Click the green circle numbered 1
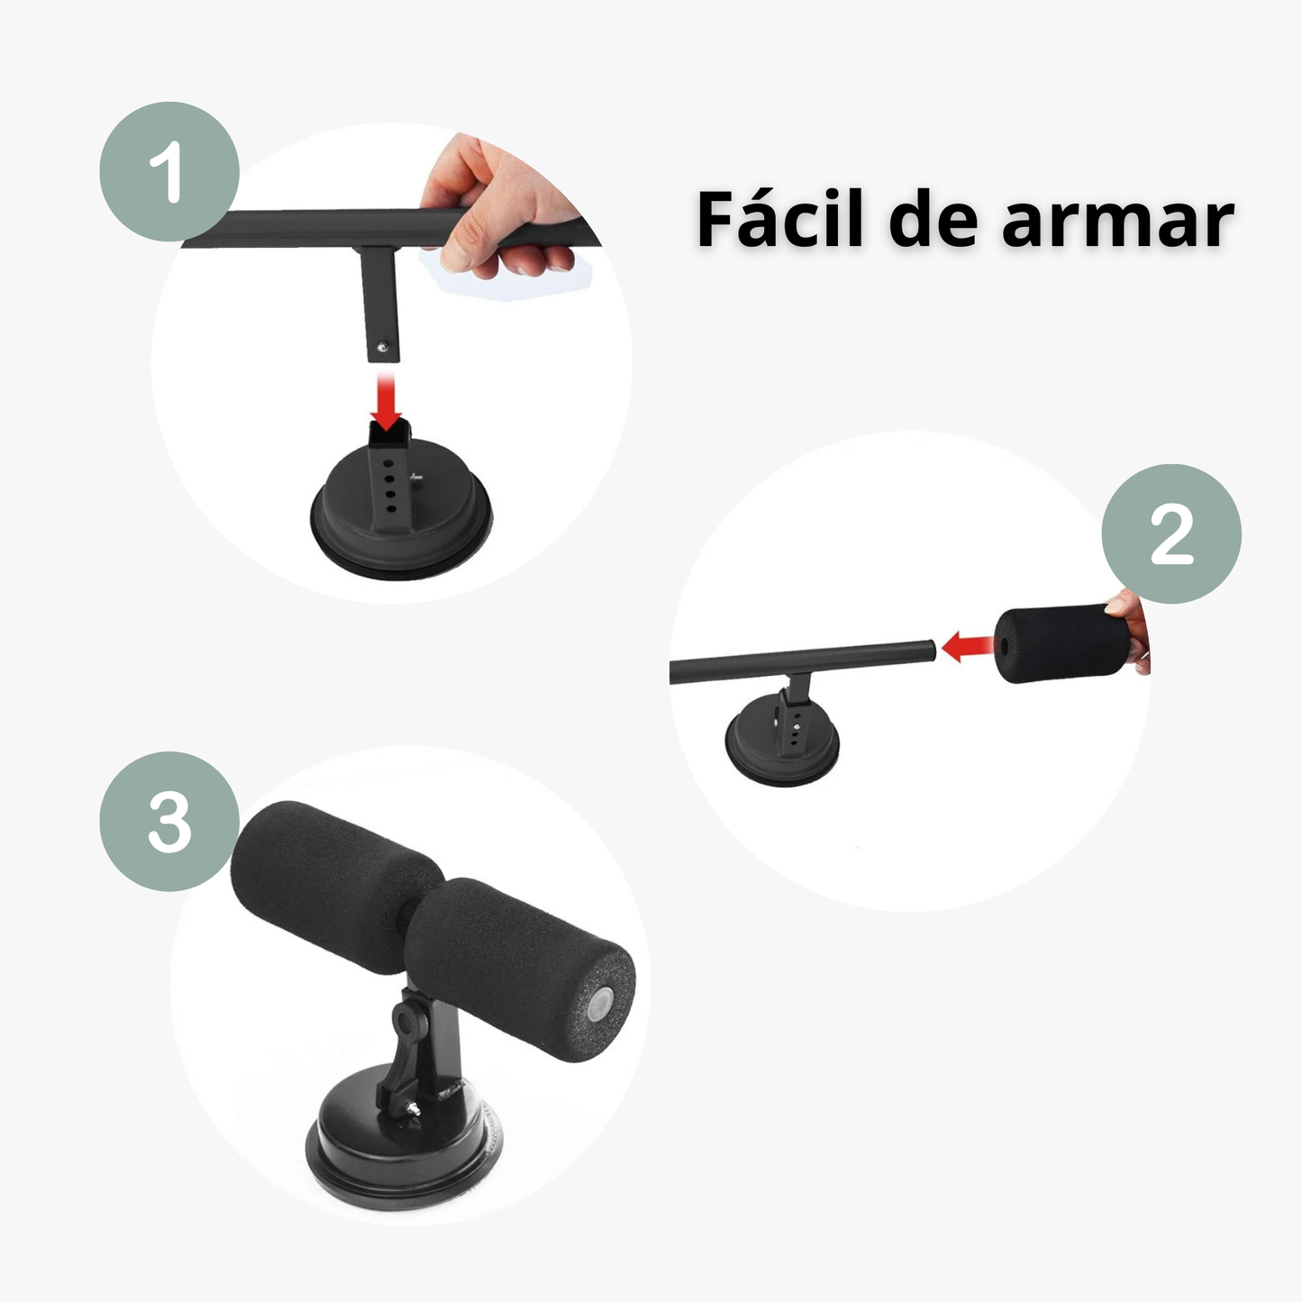click(x=168, y=171)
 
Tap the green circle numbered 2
click(x=1170, y=534)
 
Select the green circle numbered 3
click(x=168, y=822)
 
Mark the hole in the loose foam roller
click(x=1004, y=646)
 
